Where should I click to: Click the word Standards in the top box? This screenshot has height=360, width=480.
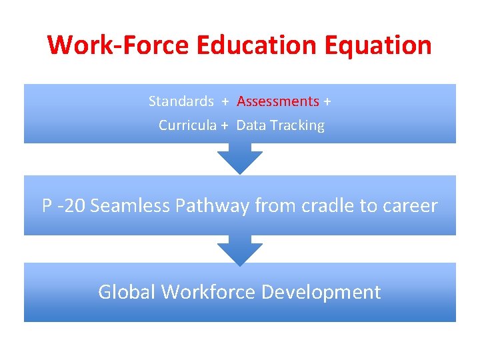[x=181, y=101]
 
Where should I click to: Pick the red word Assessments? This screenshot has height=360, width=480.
[x=278, y=101]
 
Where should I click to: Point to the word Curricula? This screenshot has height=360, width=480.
[x=187, y=125]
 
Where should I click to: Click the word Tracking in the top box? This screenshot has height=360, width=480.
[x=298, y=125]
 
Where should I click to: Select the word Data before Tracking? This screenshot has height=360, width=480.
[x=251, y=125]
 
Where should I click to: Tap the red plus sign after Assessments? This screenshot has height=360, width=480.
[x=327, y=101]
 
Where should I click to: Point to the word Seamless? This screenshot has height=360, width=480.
[x=130, y=206]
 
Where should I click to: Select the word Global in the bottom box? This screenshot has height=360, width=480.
[x=127, y=292]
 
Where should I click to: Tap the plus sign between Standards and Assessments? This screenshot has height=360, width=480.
[x=225, y=101]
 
